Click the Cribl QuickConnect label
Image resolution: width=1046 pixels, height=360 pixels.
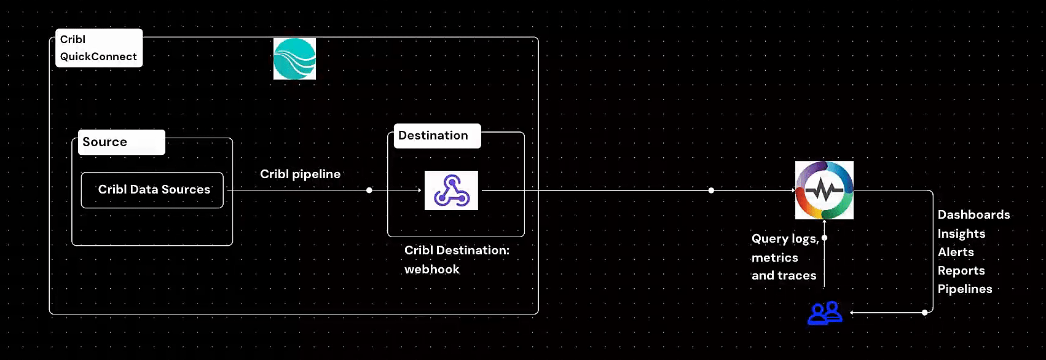[98, 48]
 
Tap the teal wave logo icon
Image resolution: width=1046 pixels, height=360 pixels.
[294, 59]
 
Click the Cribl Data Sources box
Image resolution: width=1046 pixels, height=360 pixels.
[152, 190]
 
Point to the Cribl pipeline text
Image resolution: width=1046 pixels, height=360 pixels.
[300, 174]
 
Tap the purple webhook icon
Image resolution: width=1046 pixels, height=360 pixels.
[451, 190]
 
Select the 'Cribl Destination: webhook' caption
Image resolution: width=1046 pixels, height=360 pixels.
[457, 259]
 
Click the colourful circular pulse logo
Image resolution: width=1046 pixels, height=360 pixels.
[824, 190]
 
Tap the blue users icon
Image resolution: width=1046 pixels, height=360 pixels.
[825, 313]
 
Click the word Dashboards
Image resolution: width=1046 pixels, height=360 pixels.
[973, 214]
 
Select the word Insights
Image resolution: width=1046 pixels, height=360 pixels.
[961, 233]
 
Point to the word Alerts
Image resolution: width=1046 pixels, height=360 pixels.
[956, 252]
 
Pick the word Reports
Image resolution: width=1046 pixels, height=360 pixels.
[961, 270]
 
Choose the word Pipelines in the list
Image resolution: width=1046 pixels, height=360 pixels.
[965, 289]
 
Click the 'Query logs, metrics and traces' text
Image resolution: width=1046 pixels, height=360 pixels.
[784, 257]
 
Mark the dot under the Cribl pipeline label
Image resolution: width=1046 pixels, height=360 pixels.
[369, 190]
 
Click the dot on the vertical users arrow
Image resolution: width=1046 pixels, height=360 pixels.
[824, 238]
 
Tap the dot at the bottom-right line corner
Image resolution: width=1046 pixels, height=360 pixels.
[925, 313]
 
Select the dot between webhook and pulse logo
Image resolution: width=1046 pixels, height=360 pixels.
[711, 190]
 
